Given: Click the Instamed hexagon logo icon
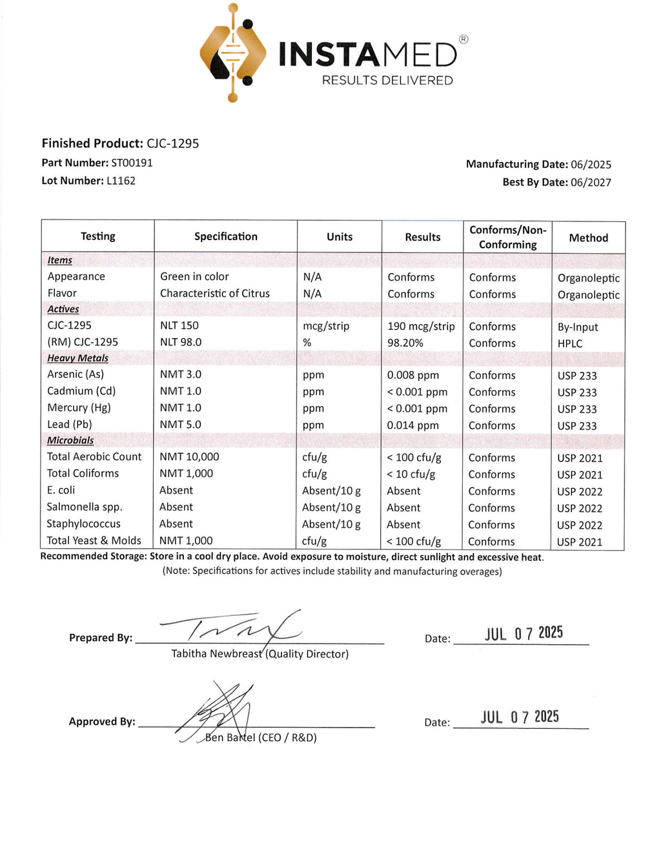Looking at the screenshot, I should pos(233,54).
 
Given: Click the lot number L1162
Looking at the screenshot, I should pos(121,181).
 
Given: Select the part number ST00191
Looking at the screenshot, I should pos(132,163).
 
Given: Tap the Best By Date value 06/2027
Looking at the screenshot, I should pos(591,183).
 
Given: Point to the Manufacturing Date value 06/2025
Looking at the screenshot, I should pos(591,165).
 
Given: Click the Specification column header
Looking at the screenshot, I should pos(225,236).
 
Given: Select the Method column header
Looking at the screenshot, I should pos(588,238).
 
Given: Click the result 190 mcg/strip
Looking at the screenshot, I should pos(421,327).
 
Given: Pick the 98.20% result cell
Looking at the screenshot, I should pos(405,343).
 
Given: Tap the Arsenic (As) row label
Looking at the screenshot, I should pos(75,374).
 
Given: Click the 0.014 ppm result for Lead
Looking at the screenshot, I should pos(412,425).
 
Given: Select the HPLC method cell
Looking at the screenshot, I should pos(570,343).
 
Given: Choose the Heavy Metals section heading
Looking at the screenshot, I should pos(77,358).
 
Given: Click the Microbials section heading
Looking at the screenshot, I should pos(70,440).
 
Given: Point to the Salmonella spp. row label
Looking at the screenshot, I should pos(84,507).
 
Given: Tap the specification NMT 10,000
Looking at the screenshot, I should pos(189,456).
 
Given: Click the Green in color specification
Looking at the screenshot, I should pos(194,276).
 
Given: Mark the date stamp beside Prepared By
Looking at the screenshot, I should pos(524,633).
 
